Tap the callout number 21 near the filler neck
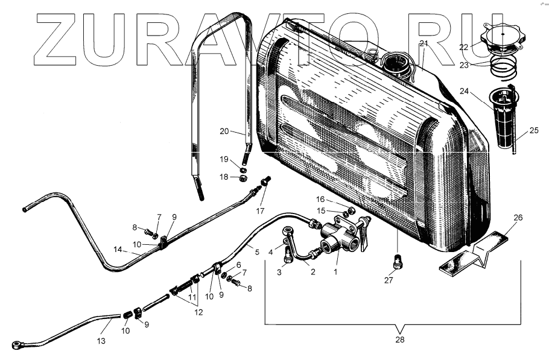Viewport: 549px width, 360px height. pyautogui.click(x=424, y=43)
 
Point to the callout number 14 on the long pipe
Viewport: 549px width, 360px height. pyautogui.click(x=118, y=250)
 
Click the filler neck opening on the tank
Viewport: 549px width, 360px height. pyautogui.click(x=396, y=62)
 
